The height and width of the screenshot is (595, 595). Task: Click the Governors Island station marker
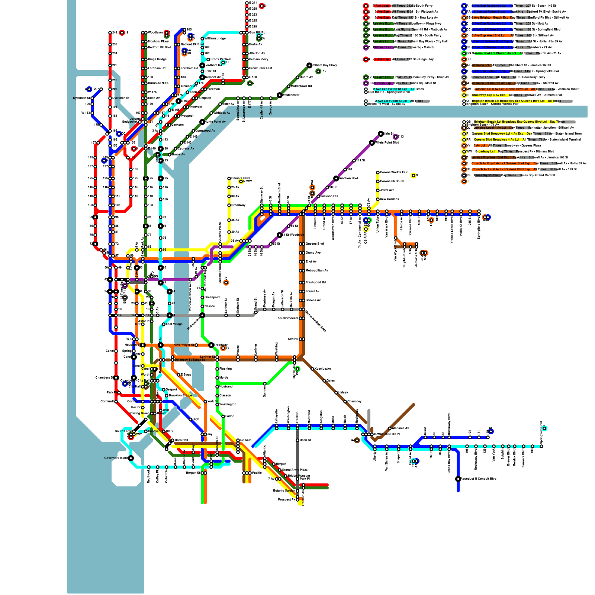point(131,458)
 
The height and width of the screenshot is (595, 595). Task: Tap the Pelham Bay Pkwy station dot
point(309,65)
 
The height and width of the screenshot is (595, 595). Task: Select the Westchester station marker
point(280,95)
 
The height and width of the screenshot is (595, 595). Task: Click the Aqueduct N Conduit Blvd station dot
point(458,479)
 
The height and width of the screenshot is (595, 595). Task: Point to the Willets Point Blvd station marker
point(372,143)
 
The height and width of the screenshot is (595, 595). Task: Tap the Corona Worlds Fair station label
point(393,173)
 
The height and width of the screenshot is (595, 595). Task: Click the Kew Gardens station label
point(389,199)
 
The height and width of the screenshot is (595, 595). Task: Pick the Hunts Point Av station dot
point(202,122)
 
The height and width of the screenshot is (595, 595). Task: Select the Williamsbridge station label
point(215,39)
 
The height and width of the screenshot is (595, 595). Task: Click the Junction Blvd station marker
point(336,178)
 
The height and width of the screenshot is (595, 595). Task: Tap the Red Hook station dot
point(149,467)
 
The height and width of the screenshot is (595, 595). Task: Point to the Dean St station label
point(305,440)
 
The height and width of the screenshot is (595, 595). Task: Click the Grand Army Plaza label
point(295,470)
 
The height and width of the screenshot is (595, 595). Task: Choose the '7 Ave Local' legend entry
point(382,6)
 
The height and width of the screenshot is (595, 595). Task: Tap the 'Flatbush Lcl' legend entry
point(382,48)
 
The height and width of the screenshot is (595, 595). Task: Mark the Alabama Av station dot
point(390,428)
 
